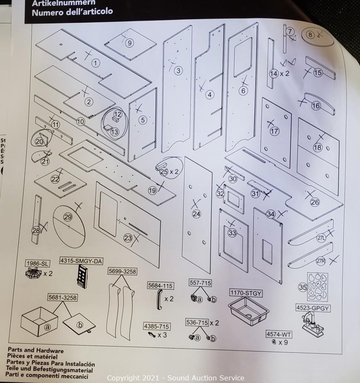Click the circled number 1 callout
(96, 63)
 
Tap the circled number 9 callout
(130, 43)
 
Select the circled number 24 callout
(196, 214)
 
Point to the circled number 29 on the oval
(68, 217)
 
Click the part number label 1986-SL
(38, 263)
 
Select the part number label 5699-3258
(122, 272)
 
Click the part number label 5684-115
(160, 286)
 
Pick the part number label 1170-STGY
(246, 293)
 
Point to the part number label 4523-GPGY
(313, 308)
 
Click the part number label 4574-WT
(279, 334)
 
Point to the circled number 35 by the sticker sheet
(303, 288)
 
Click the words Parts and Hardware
(36, 351)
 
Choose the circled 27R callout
(320, 261)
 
